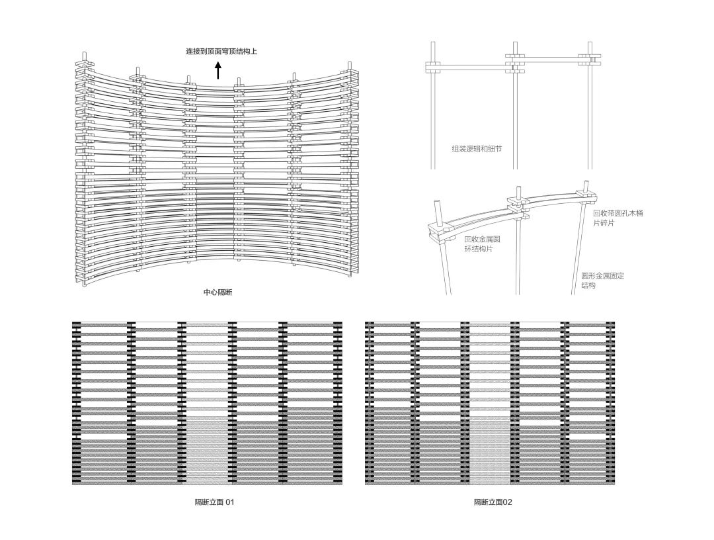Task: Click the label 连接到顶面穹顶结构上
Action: [221, 52]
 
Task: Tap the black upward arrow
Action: [218, 71]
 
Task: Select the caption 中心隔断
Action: [218, 292]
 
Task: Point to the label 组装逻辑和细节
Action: [477, 148]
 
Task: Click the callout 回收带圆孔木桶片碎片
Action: [618, 218]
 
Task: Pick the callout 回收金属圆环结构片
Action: [483, 244]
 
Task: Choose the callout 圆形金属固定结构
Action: [602, 280]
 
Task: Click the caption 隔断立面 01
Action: [214, 502]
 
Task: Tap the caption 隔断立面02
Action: [493, 502]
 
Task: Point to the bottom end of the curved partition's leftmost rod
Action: [85, 286]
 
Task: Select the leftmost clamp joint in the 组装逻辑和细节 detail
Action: [434, 67]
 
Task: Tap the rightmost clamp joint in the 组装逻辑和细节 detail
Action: [590, 60]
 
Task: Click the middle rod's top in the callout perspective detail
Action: [518, 187]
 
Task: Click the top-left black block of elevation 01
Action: [76, 325]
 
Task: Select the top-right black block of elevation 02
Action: [611, 325]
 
